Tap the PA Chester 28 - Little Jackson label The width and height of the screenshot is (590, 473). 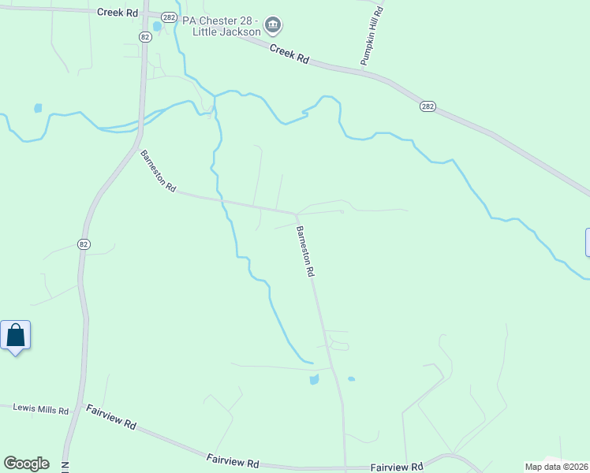point(221,26)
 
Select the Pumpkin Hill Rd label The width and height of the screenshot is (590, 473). point(371,35)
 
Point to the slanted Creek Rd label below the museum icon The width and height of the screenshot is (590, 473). point(289,54)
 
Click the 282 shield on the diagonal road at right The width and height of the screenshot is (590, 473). point(428,106)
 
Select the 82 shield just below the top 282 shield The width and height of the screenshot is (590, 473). point(145,36)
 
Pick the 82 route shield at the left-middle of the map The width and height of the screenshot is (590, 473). point(84,244)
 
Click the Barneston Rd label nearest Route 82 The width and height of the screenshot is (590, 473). point(158,169)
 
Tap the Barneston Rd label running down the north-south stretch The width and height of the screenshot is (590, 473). point(305,251)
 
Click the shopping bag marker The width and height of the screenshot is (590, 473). point(16,336)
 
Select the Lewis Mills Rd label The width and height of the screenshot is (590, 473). point(41,409)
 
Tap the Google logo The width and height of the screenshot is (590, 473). point(26,464)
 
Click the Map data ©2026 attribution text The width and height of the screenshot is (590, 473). point(555,467)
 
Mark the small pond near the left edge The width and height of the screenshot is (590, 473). point(37,108)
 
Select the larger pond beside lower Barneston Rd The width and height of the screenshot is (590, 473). point(315,379)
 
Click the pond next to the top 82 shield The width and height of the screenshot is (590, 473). point(157,26)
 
